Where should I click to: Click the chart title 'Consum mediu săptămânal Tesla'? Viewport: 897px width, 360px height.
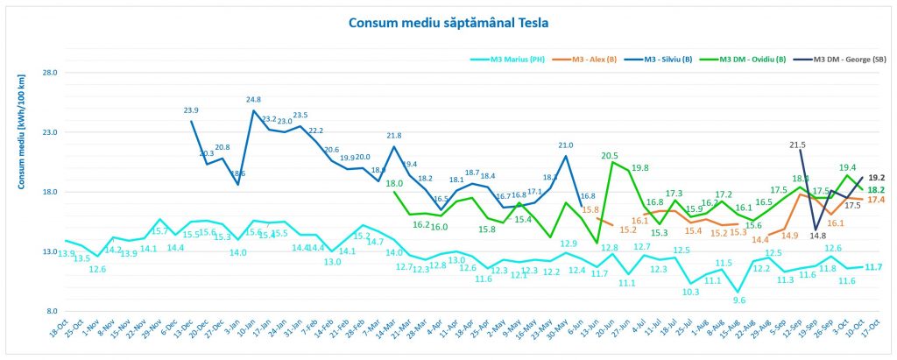(448, 21)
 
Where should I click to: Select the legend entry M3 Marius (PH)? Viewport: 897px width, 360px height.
(517, 60)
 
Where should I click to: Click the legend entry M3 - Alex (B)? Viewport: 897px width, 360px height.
(595, 60)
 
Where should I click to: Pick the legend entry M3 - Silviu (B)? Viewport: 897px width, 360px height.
(668, 60)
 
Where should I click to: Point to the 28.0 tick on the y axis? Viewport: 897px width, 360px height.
(50, 73)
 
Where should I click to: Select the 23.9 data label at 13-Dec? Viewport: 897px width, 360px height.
(191, 110)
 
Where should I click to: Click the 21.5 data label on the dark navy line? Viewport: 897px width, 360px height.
(797, 145)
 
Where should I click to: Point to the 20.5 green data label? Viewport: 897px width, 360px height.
(610, 156)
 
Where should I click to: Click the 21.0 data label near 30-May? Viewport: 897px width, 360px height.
(566, 145)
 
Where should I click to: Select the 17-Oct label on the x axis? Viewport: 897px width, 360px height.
(869, 337)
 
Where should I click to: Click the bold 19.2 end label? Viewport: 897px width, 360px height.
(875, 177)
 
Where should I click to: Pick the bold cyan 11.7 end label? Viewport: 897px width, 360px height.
(873, 266)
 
